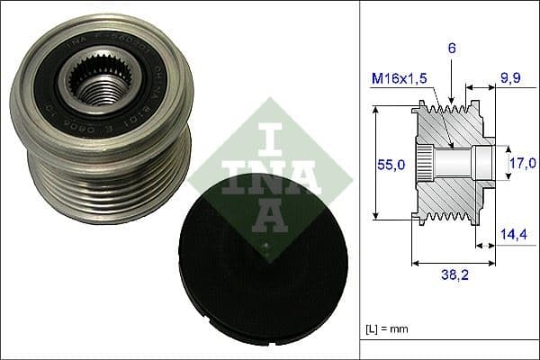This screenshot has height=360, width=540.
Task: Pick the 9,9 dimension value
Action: pos(510,79)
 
